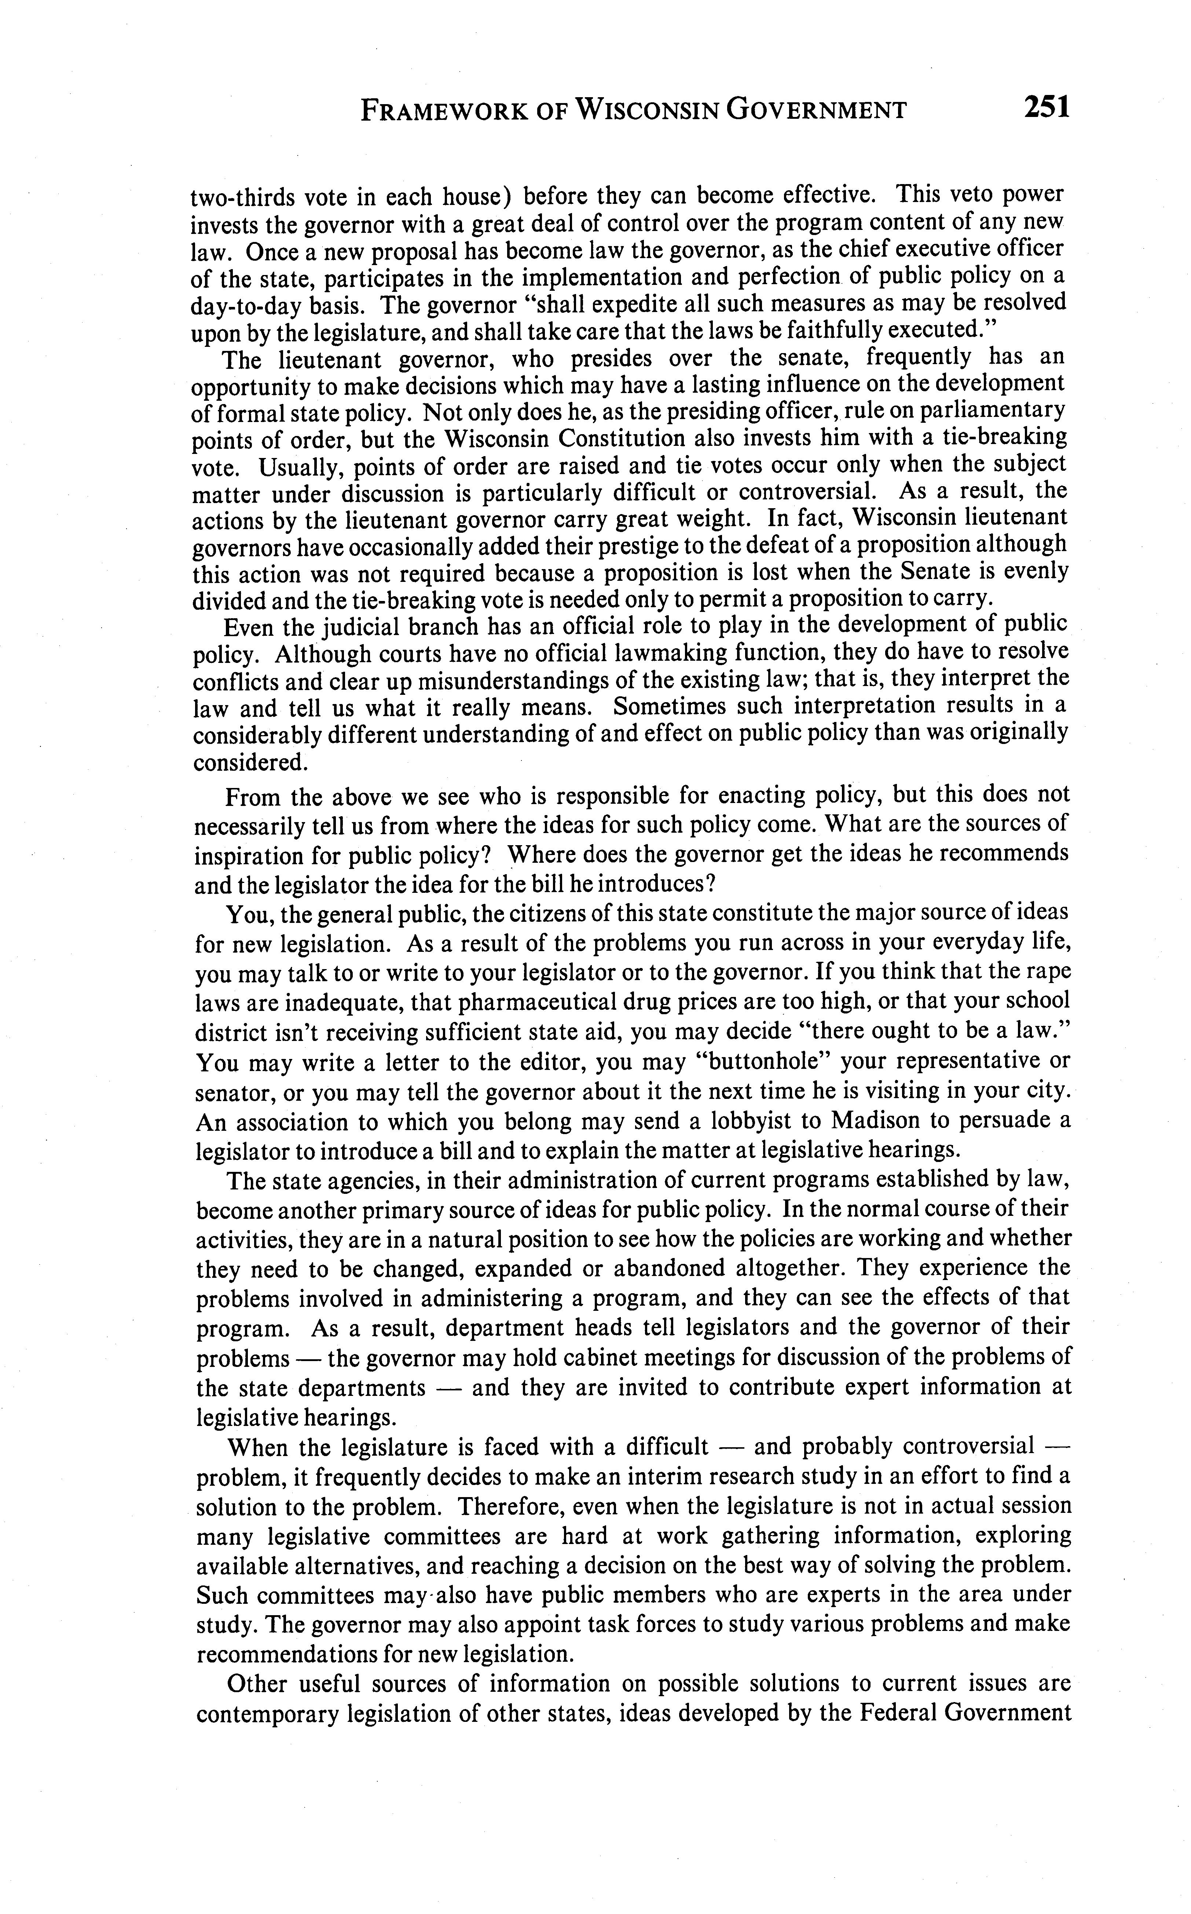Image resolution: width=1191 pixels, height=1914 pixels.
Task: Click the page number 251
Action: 1047,106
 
